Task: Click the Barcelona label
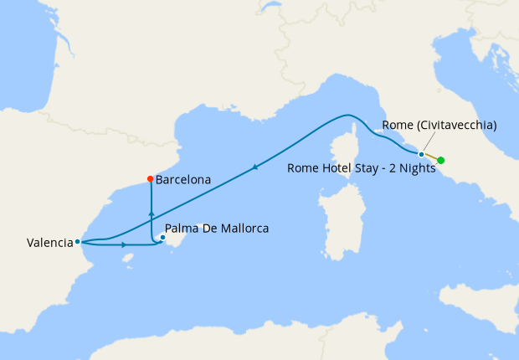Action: [182, 179]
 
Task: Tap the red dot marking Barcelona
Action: [150, 178]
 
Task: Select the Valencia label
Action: [49, 244]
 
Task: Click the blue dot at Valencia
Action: [77, 242]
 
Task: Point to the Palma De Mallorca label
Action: [218, 228]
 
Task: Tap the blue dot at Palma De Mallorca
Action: [163, 237]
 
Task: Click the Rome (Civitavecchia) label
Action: [439, 126]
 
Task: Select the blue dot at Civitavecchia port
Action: [421, 154]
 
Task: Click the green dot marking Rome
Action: [441, 160]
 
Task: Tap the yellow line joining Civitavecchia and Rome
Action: [431, 157]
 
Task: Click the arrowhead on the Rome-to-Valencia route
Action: [254, 167]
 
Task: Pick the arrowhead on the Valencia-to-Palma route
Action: [124, 244]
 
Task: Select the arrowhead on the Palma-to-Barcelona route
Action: [151, 214]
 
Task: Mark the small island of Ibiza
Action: [127, 258]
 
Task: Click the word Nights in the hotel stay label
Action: [416, 167]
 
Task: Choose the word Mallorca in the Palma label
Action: [243, 228]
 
